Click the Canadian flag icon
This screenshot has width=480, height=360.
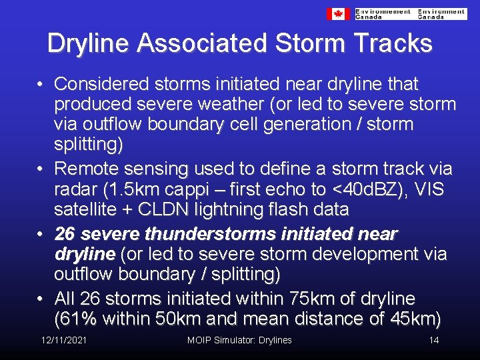pos(338,13)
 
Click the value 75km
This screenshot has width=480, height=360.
pos(297,299)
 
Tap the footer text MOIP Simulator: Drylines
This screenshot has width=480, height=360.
pos(239,341)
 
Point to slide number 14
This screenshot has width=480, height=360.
pos(434,341)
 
